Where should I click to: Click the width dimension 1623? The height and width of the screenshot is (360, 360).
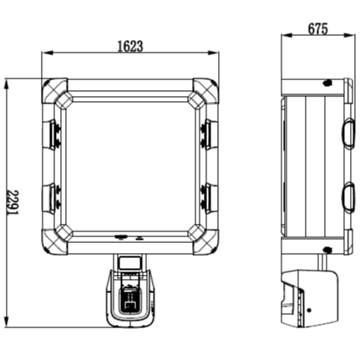pyautogui.click(x=129, y=47)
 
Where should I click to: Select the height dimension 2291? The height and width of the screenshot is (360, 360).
pyautogui.click(x=13, y=202)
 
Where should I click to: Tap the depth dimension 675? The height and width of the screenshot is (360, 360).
pyautogui.click(x=317, y=28)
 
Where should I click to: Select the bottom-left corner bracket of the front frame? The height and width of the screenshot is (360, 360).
pyautogui.click(x=55, y=242)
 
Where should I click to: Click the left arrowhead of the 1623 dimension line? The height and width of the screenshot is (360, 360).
pyautogui.click(x=45, y=56)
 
